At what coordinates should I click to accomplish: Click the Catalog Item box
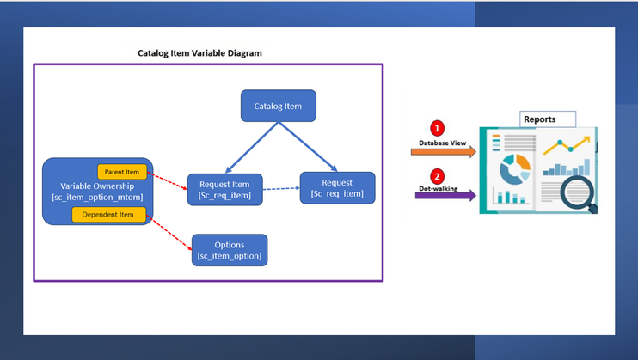pyautogui.click(x=278, y=106)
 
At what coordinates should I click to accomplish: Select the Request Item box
pyautogui.click(x=224, y=189)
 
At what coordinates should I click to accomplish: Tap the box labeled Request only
pyautogui.click(x=337, y=188)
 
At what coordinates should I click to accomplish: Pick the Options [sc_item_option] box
pyautogui.click(x=230, y=250)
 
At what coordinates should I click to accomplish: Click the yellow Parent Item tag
pyautogui.click(x=122, y=172)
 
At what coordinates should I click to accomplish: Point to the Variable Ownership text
pyautogui.click(x=96, y=186)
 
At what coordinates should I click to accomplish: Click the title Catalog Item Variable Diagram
pyautogui.click(x=199, y=53)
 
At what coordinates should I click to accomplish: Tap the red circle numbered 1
pyautogui.click(x=437, y=128)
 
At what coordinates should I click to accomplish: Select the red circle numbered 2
pyautogui.click(x=437, y=176)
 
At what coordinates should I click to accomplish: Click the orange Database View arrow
pyautogui.click(x=443, y=152)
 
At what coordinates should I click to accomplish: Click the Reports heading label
pyautogui.click(x=540, y=119)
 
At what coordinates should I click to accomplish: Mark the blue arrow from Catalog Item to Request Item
pyautogui.click(x=250, y=147)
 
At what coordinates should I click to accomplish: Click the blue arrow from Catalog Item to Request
pyautogui.click(x=307, y=147)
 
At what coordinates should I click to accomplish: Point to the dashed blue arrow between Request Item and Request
pyautogui.click(x=280, y=188)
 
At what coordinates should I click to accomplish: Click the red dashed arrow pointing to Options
pyautogui.click(x=171, y=233)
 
